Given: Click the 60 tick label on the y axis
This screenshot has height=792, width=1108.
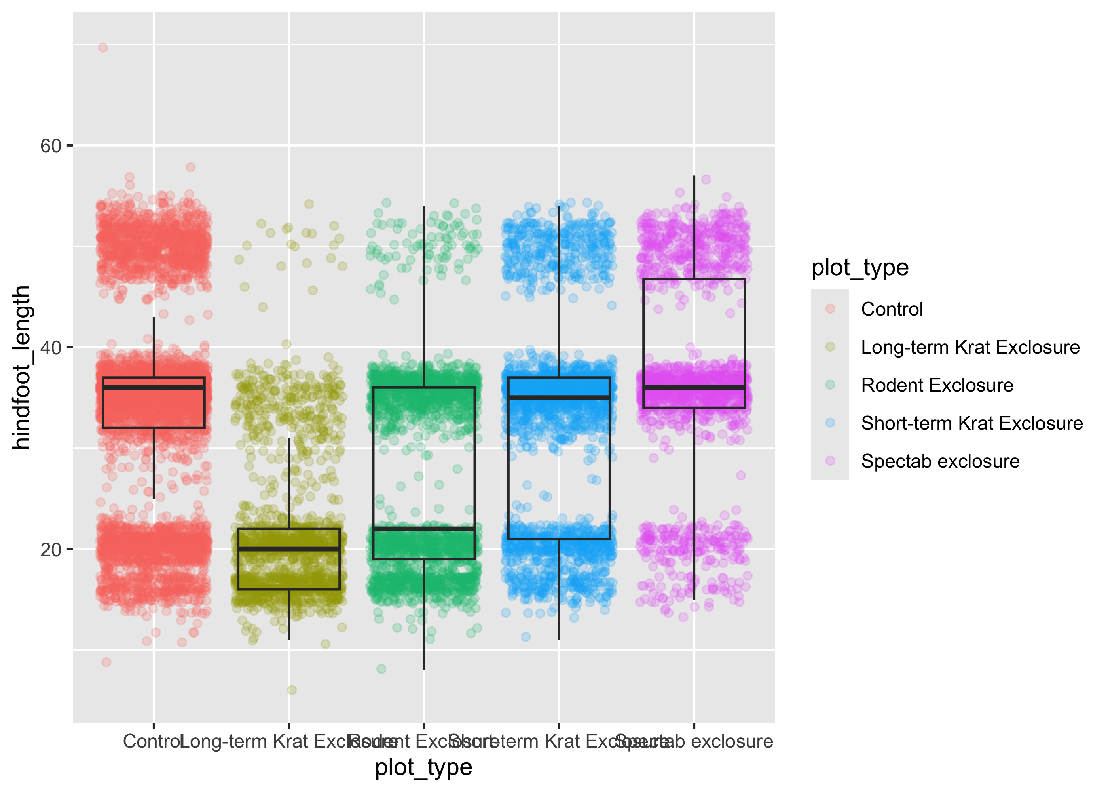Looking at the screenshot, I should click(x=50, y=146).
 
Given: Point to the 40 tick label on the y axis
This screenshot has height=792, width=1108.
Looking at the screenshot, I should click(x=50, y=348).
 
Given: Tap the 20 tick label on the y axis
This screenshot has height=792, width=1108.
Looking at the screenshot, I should click(x=50, y=550).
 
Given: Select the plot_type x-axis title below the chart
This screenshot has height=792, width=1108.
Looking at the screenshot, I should click(x=423, y=767).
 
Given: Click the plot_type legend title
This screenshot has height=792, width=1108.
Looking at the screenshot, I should click(x=859, y=268).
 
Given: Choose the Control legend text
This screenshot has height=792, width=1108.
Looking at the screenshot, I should click(x=892, y=309).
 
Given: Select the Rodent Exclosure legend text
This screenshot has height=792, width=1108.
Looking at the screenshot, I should click(x=937, y=385).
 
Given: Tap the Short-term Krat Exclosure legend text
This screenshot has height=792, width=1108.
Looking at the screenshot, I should click(x=971, y=423).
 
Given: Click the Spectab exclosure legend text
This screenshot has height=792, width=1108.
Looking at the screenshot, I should click(x=940, y=461).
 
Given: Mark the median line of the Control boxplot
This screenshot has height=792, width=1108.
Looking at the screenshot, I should click(x=154, y=388).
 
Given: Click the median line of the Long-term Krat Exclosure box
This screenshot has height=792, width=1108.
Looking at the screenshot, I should click(x=289, y=549).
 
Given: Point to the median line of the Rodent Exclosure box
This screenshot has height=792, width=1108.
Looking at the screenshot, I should click(x=424, y=529).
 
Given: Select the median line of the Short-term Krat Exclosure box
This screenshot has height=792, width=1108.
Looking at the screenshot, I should click(x=559, y=398).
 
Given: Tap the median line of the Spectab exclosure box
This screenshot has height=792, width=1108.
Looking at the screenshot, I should click(x=694, y=388).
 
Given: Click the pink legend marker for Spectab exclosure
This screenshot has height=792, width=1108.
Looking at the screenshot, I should click(x=830, y=461).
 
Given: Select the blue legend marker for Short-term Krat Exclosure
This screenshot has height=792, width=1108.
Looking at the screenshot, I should click(x=830, y=423).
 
